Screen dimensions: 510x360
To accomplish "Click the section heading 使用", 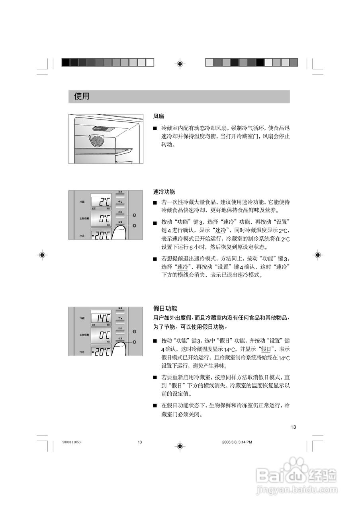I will point(82,97).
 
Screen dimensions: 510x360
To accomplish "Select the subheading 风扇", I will point(158,116).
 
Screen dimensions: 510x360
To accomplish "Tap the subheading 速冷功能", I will point(164,192).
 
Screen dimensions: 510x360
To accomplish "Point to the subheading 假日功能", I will point(165,309).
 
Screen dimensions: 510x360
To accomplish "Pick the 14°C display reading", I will point(102,318).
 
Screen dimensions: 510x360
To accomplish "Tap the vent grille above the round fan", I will point(104,128).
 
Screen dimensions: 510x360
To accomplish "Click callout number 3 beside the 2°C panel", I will point(135,215).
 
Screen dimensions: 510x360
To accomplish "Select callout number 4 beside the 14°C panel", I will point(135,342).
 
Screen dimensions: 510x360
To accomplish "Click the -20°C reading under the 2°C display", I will point(100,235).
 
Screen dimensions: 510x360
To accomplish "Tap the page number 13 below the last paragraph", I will point(293,428).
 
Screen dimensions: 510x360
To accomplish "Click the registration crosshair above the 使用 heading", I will point(180,63).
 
